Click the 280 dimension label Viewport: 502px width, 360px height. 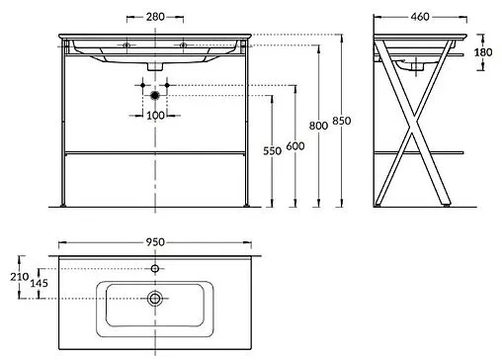(154, 16)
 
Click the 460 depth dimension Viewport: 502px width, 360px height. (419, 16)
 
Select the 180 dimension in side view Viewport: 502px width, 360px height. (482, 54)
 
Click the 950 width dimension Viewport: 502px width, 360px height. (155, 239)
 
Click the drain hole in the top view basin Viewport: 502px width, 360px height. (155, 297)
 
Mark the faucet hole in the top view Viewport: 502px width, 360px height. (155, 268)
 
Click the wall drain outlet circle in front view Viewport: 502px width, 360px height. (155, 96)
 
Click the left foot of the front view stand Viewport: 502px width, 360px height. (64, 205)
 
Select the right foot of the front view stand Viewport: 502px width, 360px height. (246, 205)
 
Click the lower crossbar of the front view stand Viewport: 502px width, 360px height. (155, 155)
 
